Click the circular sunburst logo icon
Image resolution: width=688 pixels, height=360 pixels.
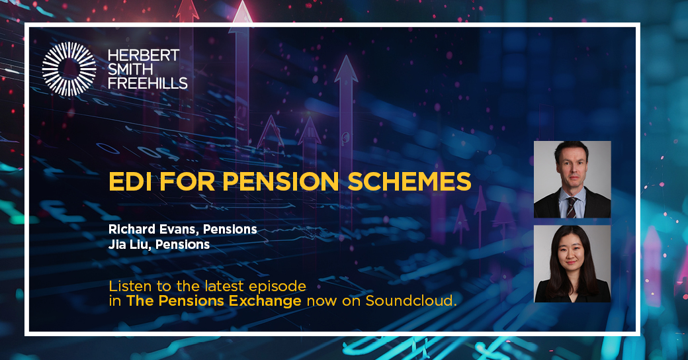(x=69, y=69)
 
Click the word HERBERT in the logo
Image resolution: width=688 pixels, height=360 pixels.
(x=144, y=56)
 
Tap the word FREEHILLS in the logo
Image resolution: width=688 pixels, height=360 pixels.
(x=148, y=83)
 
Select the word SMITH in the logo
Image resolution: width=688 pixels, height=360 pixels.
(x=130, y=69)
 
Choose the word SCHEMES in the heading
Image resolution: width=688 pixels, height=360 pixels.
(x=409, y=181)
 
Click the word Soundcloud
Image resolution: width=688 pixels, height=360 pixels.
(x=411, y=300)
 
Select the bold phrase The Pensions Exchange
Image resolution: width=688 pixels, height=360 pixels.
(x=214, y=300)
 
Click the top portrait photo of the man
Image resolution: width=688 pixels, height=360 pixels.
(x=572, y=179)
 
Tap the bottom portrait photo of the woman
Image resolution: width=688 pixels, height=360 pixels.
(x=572, y=263)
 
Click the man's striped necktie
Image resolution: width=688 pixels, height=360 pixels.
(x=572, y=207)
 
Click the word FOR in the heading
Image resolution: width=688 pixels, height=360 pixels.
(x=187, y=181)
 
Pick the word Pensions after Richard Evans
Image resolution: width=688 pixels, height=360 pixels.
(x=230, y=229)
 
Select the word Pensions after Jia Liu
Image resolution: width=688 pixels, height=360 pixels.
(x=183, y=244)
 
